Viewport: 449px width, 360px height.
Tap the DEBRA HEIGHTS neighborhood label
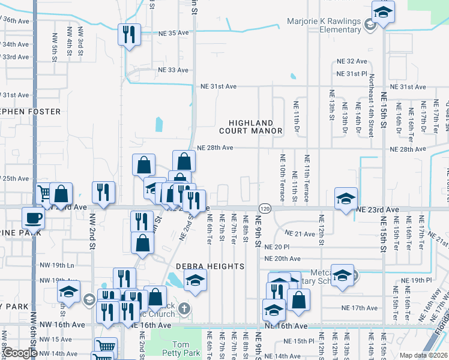point(209,266)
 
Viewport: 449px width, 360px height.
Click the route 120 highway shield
point(264,208)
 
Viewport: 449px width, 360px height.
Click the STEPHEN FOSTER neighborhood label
point(30,112)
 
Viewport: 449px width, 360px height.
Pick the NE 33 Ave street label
point(173,70)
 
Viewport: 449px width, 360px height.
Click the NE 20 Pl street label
point(277,247)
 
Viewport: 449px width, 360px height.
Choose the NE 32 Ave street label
point(352,61)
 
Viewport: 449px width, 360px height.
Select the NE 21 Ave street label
point(300,233)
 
